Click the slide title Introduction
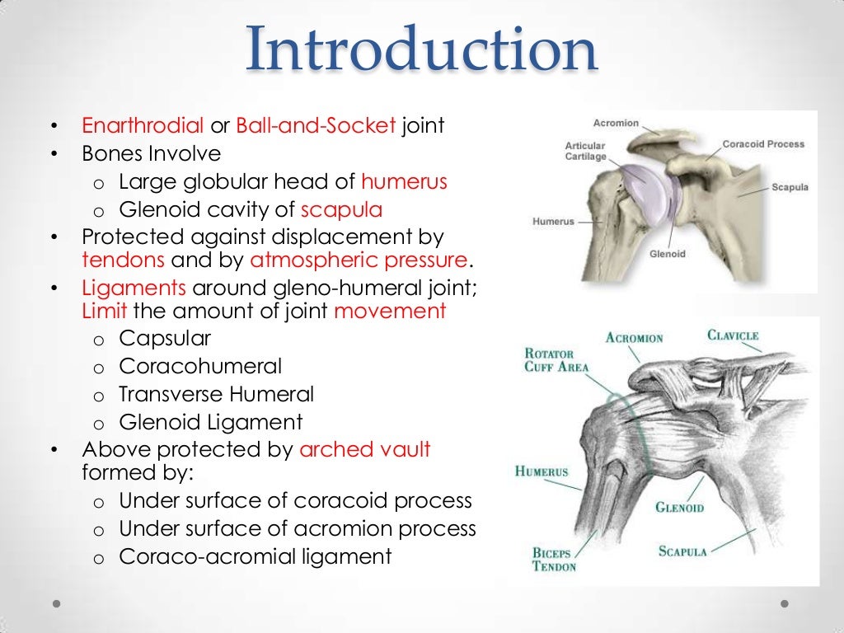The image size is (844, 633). click(x=421, y=49)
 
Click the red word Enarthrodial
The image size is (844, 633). click(x=143, y=126)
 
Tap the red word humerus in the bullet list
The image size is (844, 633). click(x=404, y=181)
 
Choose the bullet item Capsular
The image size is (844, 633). click(x=165, y=338)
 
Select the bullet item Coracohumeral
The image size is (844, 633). click(x=200, y=366)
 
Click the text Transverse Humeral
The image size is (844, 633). click(x=216, y=394)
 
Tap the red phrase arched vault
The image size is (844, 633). click(x=365, y=450)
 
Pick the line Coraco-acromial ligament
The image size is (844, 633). click(x=256, y=556)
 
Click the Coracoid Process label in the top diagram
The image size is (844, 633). click(x=763, y=144)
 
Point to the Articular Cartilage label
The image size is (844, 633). click(x=585, y=152)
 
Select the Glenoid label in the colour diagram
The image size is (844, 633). click(x=667, y=254)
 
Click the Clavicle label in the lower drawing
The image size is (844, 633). click(x=733, y=335)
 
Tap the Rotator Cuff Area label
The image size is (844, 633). click(x=556, y=360)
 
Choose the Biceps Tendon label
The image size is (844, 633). click(x=554, y=560)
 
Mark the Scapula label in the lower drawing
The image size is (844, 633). click(x=682, y=551)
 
